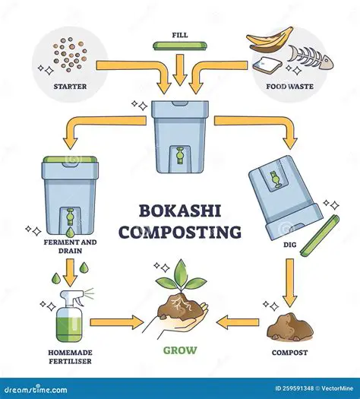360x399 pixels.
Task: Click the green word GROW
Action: (x=180, y=352)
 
